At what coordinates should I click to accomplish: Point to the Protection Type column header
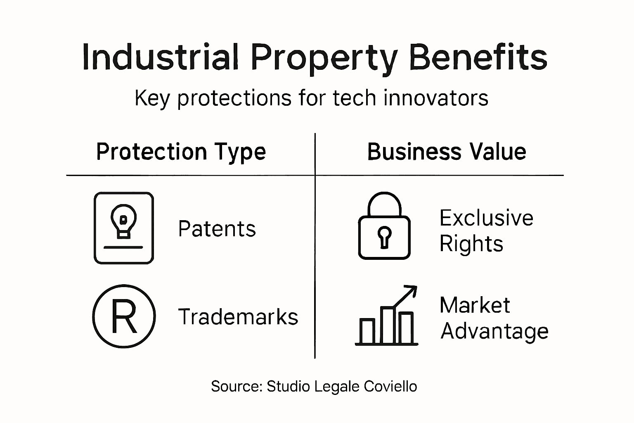click(181, 152)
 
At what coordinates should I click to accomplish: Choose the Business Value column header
click(447, 152)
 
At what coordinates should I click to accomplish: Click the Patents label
click(217, 229)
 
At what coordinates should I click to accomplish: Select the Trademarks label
click(238, 317)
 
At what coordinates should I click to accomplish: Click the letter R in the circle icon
click(123, 317)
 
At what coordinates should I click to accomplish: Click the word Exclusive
click(486, 218)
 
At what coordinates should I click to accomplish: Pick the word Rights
click(471, 244)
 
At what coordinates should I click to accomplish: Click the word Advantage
click(494, 331)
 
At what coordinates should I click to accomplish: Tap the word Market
click(475, 306)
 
